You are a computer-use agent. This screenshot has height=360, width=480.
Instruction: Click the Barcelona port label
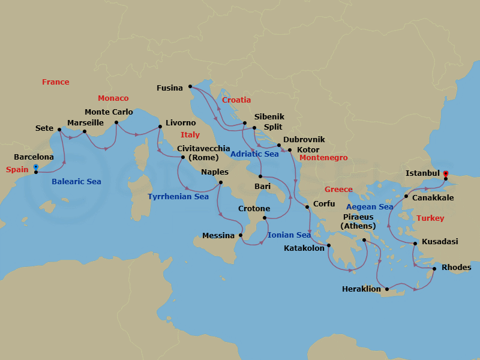34,157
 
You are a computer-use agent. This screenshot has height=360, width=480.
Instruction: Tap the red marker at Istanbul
445,173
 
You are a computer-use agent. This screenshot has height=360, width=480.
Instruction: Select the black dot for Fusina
190,88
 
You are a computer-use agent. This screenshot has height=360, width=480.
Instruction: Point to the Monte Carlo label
109,112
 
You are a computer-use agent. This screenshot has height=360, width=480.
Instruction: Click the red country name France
55,82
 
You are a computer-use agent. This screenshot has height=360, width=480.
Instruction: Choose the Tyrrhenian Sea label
178,197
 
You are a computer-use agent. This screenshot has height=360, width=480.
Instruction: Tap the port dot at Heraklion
387,289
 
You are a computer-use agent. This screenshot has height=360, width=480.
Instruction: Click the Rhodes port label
456,268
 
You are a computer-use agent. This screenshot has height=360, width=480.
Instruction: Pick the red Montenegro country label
323,158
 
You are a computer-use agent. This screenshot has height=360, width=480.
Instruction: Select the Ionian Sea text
289,235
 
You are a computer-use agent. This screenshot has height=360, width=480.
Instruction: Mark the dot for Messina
241,235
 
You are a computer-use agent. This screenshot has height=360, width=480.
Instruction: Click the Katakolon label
304,247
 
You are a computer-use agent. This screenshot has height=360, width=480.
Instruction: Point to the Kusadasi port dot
415,243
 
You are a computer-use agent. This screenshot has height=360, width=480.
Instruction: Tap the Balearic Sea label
76,181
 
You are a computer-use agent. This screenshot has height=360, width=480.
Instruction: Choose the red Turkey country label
430,218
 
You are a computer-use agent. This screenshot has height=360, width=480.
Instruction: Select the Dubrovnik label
304,139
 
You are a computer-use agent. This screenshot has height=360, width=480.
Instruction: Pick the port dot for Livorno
160,127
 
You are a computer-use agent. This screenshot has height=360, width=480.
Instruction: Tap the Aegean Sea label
370,207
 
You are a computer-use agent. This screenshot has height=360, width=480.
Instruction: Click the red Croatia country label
236,100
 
